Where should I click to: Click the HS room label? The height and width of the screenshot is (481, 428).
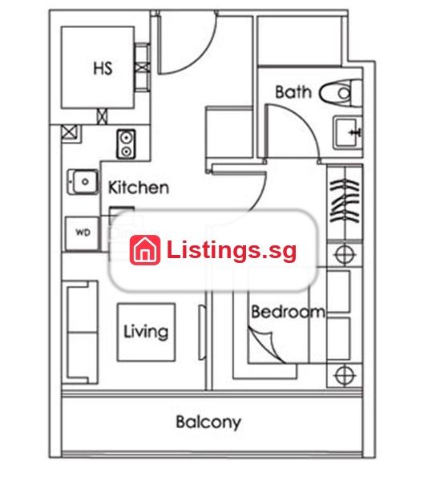[103, 68]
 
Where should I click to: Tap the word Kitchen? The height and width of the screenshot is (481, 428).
[139, 188]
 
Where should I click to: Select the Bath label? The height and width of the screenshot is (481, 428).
[293, 92]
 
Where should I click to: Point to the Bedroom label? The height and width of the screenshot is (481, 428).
[289, 312]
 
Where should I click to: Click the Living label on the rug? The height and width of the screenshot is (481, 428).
[146, 332]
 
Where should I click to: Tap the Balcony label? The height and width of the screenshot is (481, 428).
[208, 422]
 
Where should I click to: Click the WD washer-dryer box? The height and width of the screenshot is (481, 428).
[83, 233]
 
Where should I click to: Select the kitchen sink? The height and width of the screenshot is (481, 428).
[83, 182]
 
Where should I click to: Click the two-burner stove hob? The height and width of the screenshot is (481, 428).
[126, 144]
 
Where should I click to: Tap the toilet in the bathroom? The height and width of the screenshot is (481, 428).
[341, 93]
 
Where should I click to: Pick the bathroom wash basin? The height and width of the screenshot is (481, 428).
[348, 132]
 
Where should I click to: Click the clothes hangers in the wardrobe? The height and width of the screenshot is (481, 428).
[345, 201]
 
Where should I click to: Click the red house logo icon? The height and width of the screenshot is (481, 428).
[145, 250]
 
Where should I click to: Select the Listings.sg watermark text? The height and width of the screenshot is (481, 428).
[232, 251]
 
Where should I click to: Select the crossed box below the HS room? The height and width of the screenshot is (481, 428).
[103, 116]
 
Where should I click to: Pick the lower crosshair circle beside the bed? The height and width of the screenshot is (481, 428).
[345, 375]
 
